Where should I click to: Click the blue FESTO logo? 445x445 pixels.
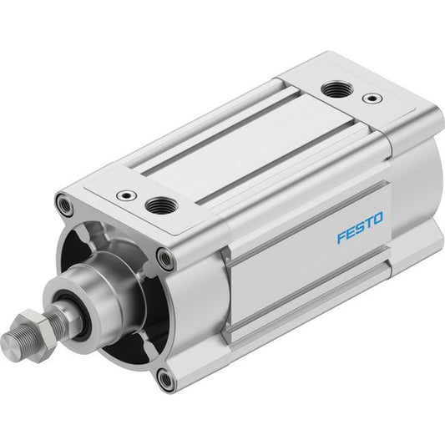click(360, 227)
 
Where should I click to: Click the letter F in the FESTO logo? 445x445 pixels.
click(341, 237)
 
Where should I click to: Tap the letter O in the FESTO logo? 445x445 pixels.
click(377, 218)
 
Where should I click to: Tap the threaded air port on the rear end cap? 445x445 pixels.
click(337, 88)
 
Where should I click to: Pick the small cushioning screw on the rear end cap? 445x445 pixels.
click(372, 99)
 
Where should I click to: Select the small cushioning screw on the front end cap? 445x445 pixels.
click(126, 195)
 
